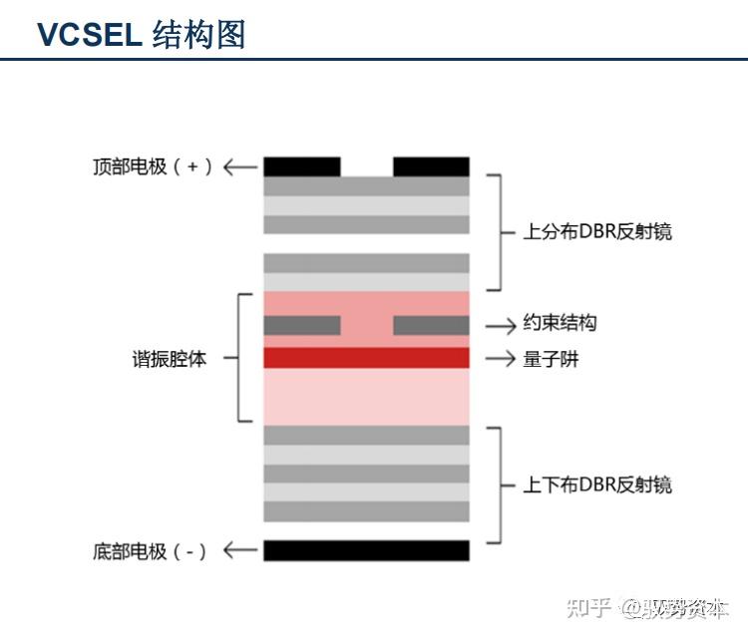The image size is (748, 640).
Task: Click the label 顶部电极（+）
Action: (x=152, y=166)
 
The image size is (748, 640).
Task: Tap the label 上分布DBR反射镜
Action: (x=597, y=232)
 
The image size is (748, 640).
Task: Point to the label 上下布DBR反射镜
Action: (x=597, y=485)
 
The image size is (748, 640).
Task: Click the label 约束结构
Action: (x=560, y=324)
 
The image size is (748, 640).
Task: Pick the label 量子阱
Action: (x=551, y=358)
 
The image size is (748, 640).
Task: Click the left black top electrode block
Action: (x=301, y=166)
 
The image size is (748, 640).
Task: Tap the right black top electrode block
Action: (x=431, y=166)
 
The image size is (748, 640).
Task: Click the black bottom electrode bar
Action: (x=366, y=550)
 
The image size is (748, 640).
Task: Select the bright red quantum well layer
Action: (x=366, y=358)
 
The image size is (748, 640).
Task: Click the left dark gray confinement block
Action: (x=301, y=325)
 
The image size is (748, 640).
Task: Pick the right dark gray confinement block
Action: (x=431, y=325)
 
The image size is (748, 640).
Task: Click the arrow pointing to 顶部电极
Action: (x=239, y=166)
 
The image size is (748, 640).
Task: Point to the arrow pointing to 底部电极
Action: (x=239, y=550)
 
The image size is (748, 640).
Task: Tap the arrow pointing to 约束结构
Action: (x=500, y=325)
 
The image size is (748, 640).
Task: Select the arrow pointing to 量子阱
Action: (x=500, y=358)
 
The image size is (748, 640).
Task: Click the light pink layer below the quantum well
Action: (x=366, y=396)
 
